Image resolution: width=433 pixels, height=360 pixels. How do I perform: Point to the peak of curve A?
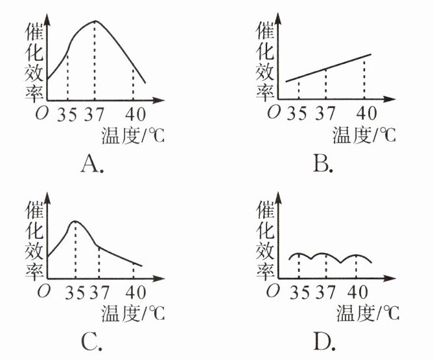pos(96,21)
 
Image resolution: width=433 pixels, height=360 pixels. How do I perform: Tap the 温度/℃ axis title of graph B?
pos(363,135)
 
